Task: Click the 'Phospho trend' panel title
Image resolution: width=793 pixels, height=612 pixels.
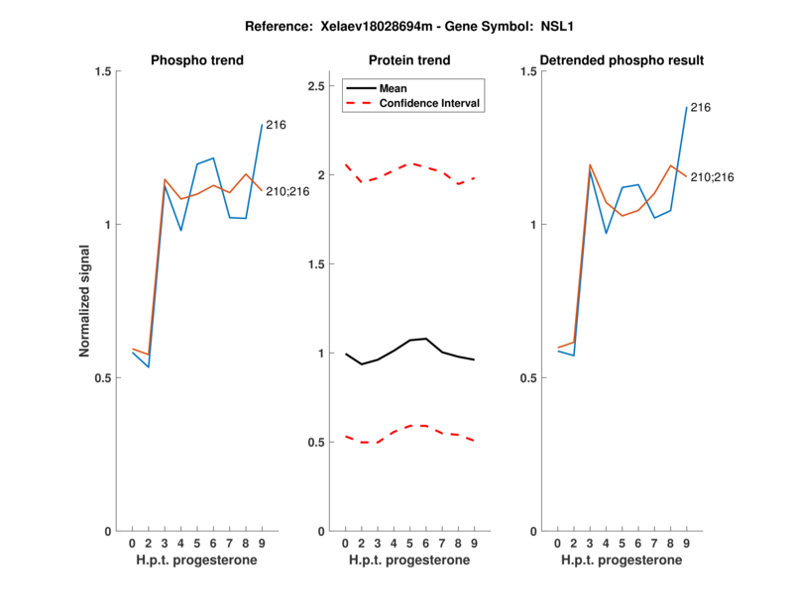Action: coord(197,60)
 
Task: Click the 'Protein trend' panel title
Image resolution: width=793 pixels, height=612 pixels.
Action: coord(409,60)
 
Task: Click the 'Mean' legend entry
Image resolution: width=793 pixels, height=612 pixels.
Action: coord(394,88)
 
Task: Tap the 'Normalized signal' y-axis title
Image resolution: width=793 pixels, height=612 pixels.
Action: coord(85,302)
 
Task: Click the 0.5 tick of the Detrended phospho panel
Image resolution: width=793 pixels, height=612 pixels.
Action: coord(527,378)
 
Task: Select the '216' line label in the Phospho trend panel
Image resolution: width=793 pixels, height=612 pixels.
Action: coord(275,125)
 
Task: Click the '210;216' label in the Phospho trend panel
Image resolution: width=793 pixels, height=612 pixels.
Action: coord(287,190)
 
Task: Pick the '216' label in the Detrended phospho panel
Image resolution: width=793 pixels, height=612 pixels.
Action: coord(700,107)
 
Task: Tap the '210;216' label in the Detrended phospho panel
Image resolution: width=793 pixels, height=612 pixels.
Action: coord(713,176)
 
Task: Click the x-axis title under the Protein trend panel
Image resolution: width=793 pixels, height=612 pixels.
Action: coord(409,561)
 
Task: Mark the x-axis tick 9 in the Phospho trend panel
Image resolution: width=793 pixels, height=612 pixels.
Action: coord(262,543)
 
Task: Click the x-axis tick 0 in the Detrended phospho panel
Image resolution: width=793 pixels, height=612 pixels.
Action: coord(558,543)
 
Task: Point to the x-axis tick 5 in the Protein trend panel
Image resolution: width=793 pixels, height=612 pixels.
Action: coord(409,543)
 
